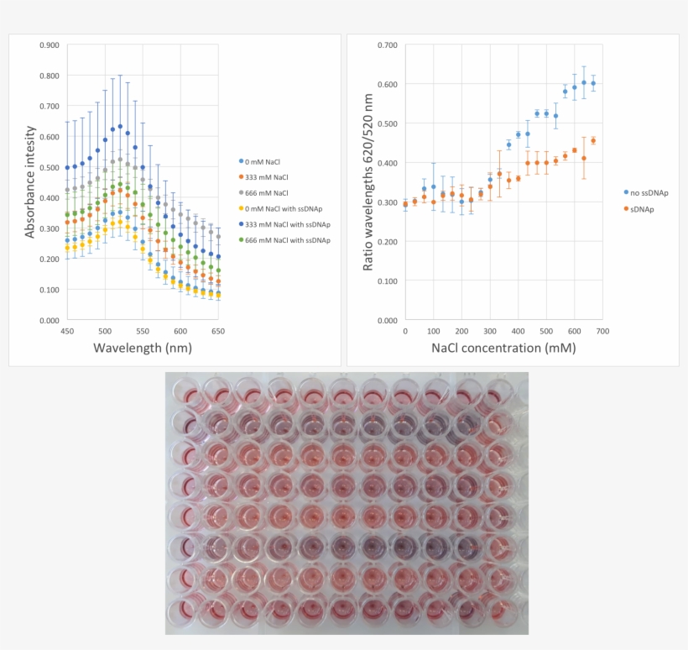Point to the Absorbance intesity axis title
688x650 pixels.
31,181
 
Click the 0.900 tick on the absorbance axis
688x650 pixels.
49,45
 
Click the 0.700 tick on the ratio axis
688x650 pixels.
387,45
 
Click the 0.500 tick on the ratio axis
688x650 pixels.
387,123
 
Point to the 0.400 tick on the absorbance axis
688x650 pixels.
49,198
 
